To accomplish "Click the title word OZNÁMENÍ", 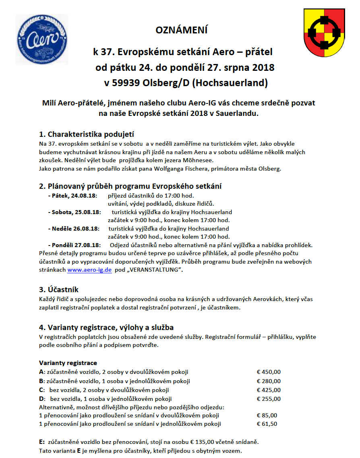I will tap(182, 30).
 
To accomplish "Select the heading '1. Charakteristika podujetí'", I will tap(86, 134).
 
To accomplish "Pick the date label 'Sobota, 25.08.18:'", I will tap(74, 212).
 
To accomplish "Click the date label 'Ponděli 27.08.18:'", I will tap(75, 245).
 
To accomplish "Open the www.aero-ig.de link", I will tap(89, 270).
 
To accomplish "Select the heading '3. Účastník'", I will tap(59, 289).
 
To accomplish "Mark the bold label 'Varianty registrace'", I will tap(68, 363).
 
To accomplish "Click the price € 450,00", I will tap(269, 372).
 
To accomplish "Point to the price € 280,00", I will tap(269, 381).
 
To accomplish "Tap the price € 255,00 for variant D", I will tap(269, 399).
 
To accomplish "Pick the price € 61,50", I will tap(267, 424).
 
